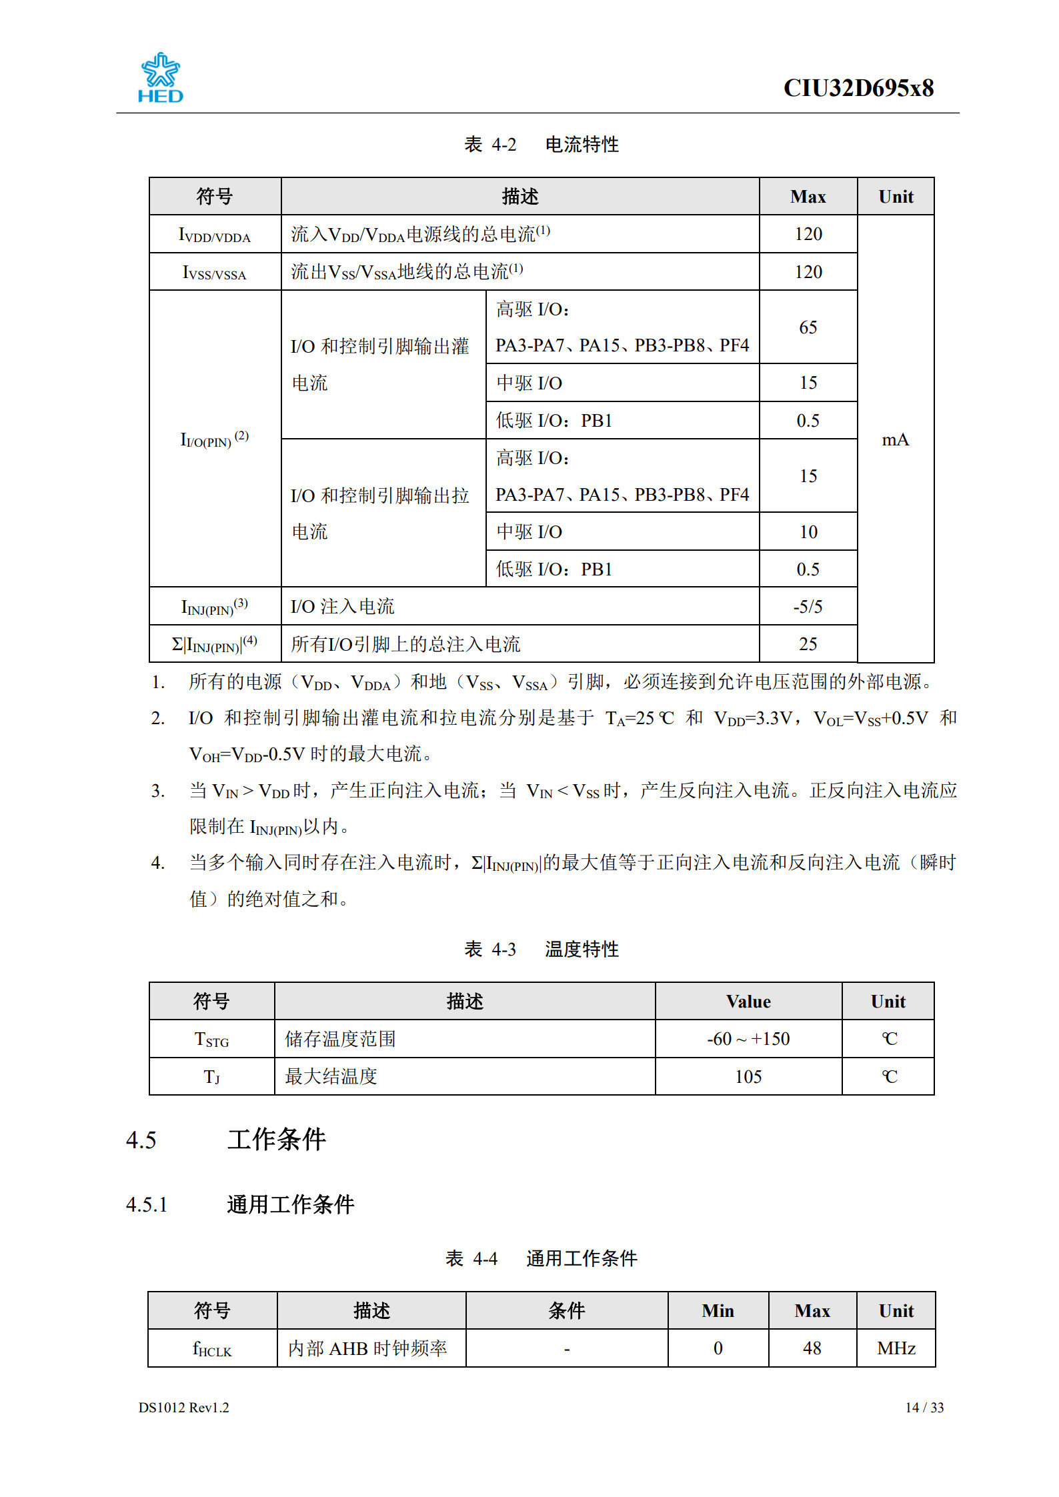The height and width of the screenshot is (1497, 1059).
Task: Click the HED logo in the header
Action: click(160, 78)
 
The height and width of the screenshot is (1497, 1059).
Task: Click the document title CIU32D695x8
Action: click(858, 88)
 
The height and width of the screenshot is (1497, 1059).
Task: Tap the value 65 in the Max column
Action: click(808, 327)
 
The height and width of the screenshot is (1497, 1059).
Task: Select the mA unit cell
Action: click(895, 439)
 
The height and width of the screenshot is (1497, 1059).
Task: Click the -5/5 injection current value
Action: click(808, 607)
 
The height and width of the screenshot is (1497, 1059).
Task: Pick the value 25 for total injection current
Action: click(808, 644)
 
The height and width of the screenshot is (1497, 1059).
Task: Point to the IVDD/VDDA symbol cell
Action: click(215, 235)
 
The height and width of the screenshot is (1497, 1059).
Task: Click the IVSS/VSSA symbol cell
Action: click(215, 272)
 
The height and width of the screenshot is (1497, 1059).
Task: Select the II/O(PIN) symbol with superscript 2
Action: click(215, 439)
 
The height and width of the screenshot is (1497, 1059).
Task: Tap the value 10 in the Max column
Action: click(808, 532)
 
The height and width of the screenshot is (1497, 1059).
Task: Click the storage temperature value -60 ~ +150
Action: click(748, 1039)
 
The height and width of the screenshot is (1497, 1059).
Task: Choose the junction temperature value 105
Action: click(748, 1077)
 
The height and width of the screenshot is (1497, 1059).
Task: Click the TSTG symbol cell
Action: click(211, 1040)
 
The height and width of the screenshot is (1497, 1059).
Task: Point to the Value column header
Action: click(748, 1002)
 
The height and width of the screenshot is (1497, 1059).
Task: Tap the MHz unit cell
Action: click(896, 1348)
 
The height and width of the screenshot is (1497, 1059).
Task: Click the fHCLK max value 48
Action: click(812, 1348)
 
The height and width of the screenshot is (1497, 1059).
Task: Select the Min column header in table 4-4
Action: click(718, 1311)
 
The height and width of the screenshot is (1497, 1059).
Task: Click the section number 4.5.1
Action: click(147, 1205)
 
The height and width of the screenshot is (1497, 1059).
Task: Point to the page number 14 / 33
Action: click(924, 1408)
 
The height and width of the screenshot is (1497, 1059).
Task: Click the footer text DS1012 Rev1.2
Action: click(183, 1408)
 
